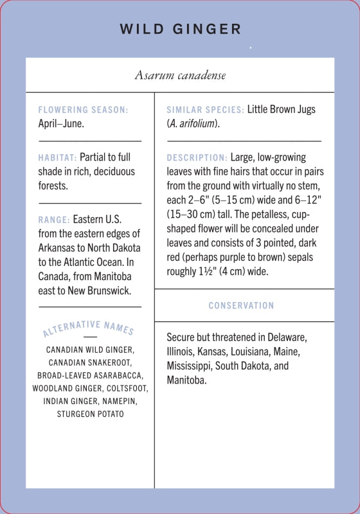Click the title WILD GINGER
pos(180,30)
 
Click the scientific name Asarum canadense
pos(180,75)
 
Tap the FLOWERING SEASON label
pos(83,110)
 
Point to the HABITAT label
pos(57,157)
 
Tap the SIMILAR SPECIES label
pos(205,110)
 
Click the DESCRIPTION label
pos(197,157)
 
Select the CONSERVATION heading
pos(241,306)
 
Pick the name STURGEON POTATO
pos(90,414)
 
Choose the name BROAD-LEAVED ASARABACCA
pos(90,375)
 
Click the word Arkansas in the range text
pos(61,248)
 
